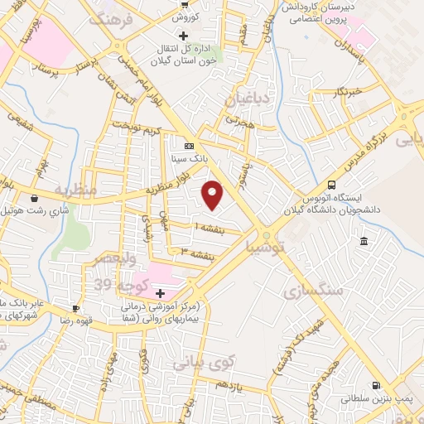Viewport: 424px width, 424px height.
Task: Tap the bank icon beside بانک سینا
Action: [x=189, y=143]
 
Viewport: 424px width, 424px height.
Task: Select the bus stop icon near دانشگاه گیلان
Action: [x=332, y=185]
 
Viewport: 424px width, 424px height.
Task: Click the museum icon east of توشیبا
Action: [x=364, y=241]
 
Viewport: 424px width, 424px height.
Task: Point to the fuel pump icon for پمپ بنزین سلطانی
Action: [x=378, y=385]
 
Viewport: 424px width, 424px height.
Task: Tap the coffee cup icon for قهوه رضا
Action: [x=76, y=309]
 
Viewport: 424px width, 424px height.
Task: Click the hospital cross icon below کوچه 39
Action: [x=160, y=293]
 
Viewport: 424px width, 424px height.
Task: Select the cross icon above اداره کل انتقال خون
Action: [x=183, y=36]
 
